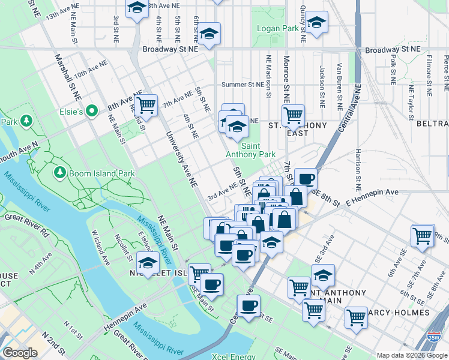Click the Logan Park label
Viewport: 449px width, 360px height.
click(278, 28)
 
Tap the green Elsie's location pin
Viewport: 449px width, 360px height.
click(91, 110)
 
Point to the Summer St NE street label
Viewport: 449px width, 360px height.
click(243, 85)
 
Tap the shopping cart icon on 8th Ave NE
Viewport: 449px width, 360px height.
click(146, 105)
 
